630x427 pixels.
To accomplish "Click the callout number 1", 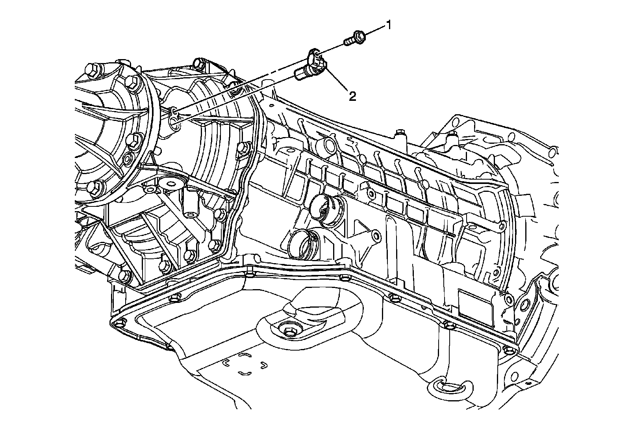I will pos(388,26).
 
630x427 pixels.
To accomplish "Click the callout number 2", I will pos(352,96).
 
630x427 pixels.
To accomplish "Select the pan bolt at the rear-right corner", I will pos(510,350).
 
